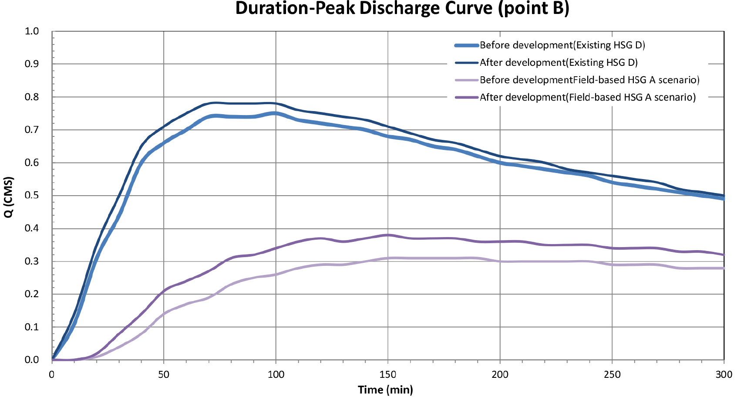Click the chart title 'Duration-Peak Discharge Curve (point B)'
402,8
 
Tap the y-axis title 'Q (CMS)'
9,197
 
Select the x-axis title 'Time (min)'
385,390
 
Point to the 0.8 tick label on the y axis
32,97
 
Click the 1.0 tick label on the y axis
32,31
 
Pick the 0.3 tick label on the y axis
32,261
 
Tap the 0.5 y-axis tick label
32,195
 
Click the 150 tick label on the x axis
388,375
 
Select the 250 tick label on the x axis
612,375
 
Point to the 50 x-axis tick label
164,375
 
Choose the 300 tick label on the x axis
724,375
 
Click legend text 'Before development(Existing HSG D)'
562,45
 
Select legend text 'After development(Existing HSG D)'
559,63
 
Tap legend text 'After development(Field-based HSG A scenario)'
588,98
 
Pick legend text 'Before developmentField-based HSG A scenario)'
589,80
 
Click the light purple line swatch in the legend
466,80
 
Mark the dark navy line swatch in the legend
466,63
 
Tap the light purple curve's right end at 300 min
724,268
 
